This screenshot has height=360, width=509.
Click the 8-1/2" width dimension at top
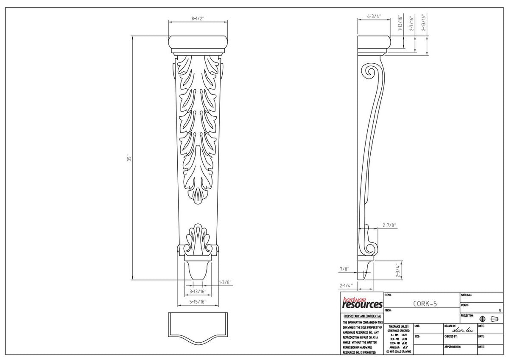pyautogui.click(x=198, y=19)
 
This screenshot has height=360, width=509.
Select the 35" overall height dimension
pyautogui.click(x=130, y=157)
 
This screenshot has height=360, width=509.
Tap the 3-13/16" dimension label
pyautogui.click(x=198, y=291)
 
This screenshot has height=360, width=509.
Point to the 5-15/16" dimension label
pyautogui.click(x=198, y=302)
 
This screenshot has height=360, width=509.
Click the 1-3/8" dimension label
pyautogui.click(x=225, y=282)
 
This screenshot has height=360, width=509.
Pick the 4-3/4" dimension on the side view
pyautogui.click(x=374, y=17)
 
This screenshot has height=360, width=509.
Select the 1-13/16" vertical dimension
pyautogui.click(x=399, y=24)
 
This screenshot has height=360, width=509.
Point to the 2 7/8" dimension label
pyautogui.click(x=389, y=225)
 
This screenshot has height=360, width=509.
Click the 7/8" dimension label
pyautogui.click(x=344, y=269)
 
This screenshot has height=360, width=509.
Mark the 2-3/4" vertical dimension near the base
pyautogui.click(x=398, y=270)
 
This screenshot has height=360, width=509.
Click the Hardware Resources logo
pyautogui.click(x=362, y=302)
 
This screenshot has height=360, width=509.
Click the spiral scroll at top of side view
pyautogui.click(x=370, y=72)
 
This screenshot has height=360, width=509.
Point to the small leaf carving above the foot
pyautogui.click(x=198, y=238)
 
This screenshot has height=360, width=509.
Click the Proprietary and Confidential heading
pyautogui.click(x=362, y=316)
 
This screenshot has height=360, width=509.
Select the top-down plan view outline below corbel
pyautogui.click(x=198, y=327)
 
